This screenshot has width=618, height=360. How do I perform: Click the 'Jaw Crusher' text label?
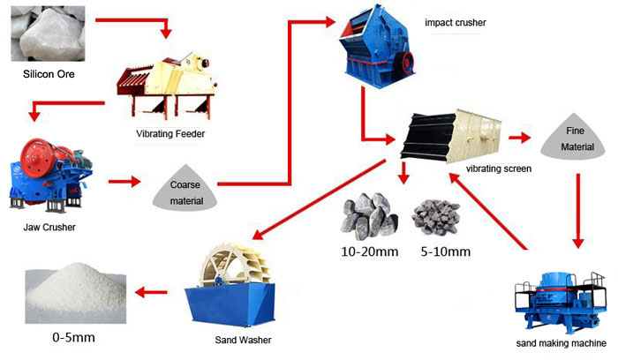pos(50,228)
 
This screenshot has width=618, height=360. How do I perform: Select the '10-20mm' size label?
pos(370,251)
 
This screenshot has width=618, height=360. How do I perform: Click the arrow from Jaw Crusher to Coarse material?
pos(125,183)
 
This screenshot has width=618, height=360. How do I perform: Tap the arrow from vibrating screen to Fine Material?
pos(518,138)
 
